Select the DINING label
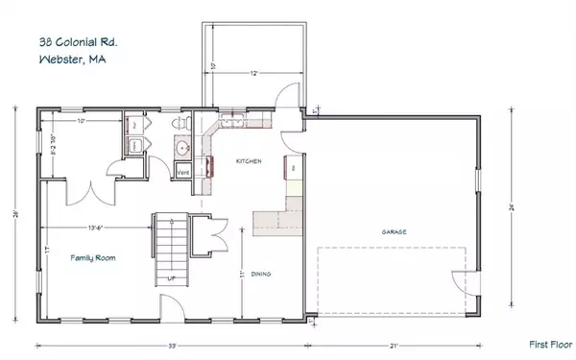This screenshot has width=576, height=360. pos(261,274)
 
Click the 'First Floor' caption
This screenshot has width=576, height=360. pos(550,343)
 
